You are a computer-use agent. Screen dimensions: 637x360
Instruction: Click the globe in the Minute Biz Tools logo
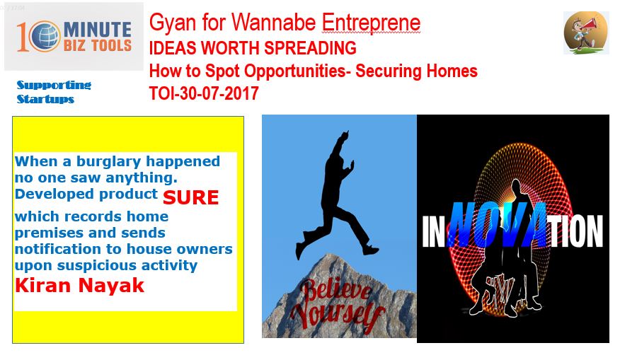click(45, 37)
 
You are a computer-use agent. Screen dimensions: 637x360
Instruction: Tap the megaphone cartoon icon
click(585, 33)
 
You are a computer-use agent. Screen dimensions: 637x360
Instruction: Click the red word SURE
click(190, 197)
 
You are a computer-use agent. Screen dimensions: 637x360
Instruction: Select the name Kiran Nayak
click(79, 285)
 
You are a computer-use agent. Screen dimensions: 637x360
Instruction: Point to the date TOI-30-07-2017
click(204, 93)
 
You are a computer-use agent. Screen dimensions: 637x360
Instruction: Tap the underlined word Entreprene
click(371, 23)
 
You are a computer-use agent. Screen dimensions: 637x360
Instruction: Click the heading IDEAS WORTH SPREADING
click(253, 48)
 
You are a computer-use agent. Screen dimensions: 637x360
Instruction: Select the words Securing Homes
click(416, 71)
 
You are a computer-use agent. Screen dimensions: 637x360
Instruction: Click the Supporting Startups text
click(54, 92)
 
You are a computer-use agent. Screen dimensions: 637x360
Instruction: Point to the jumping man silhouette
click(336, 194)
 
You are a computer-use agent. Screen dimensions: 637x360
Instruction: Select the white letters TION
click(575, 231)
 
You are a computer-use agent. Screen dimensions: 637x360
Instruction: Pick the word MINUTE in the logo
click(98, 30)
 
